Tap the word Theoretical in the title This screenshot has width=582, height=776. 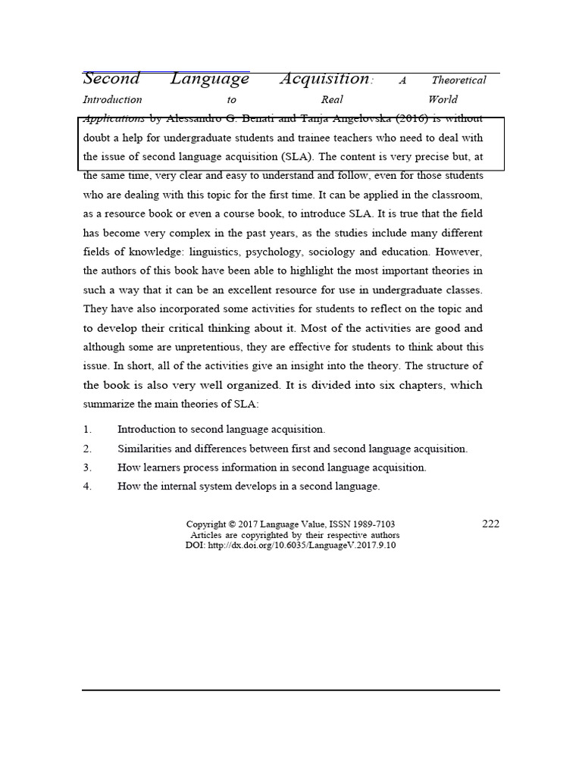point(458,80)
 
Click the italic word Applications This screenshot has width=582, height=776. point(113,119)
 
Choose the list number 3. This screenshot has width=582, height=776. point(87,468)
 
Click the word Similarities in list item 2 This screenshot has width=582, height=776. point(144,449)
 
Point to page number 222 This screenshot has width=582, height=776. point(490,524)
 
